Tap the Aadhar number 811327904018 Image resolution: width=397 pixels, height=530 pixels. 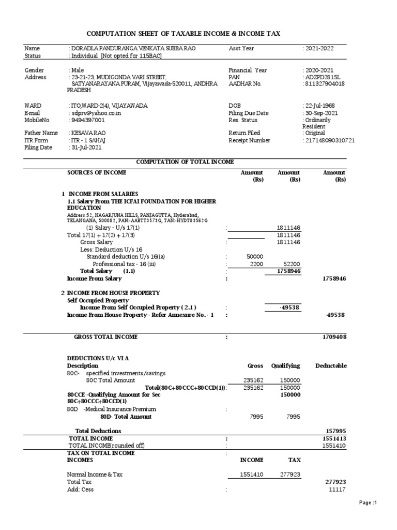pyautogui.click(x=326, y=84)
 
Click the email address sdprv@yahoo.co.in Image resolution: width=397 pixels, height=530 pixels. pyautogui.click(x=95, y=113)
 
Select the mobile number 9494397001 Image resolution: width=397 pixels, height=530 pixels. pyautogui.click(x=88, y=120)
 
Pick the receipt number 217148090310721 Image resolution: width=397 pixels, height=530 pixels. pyautogui.click(x=330, y=140)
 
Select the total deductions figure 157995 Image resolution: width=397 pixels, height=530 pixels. pyautogui.click(x=335, y=431)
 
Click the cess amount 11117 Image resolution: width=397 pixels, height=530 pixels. pyautogui.click(x=337, y=490)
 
